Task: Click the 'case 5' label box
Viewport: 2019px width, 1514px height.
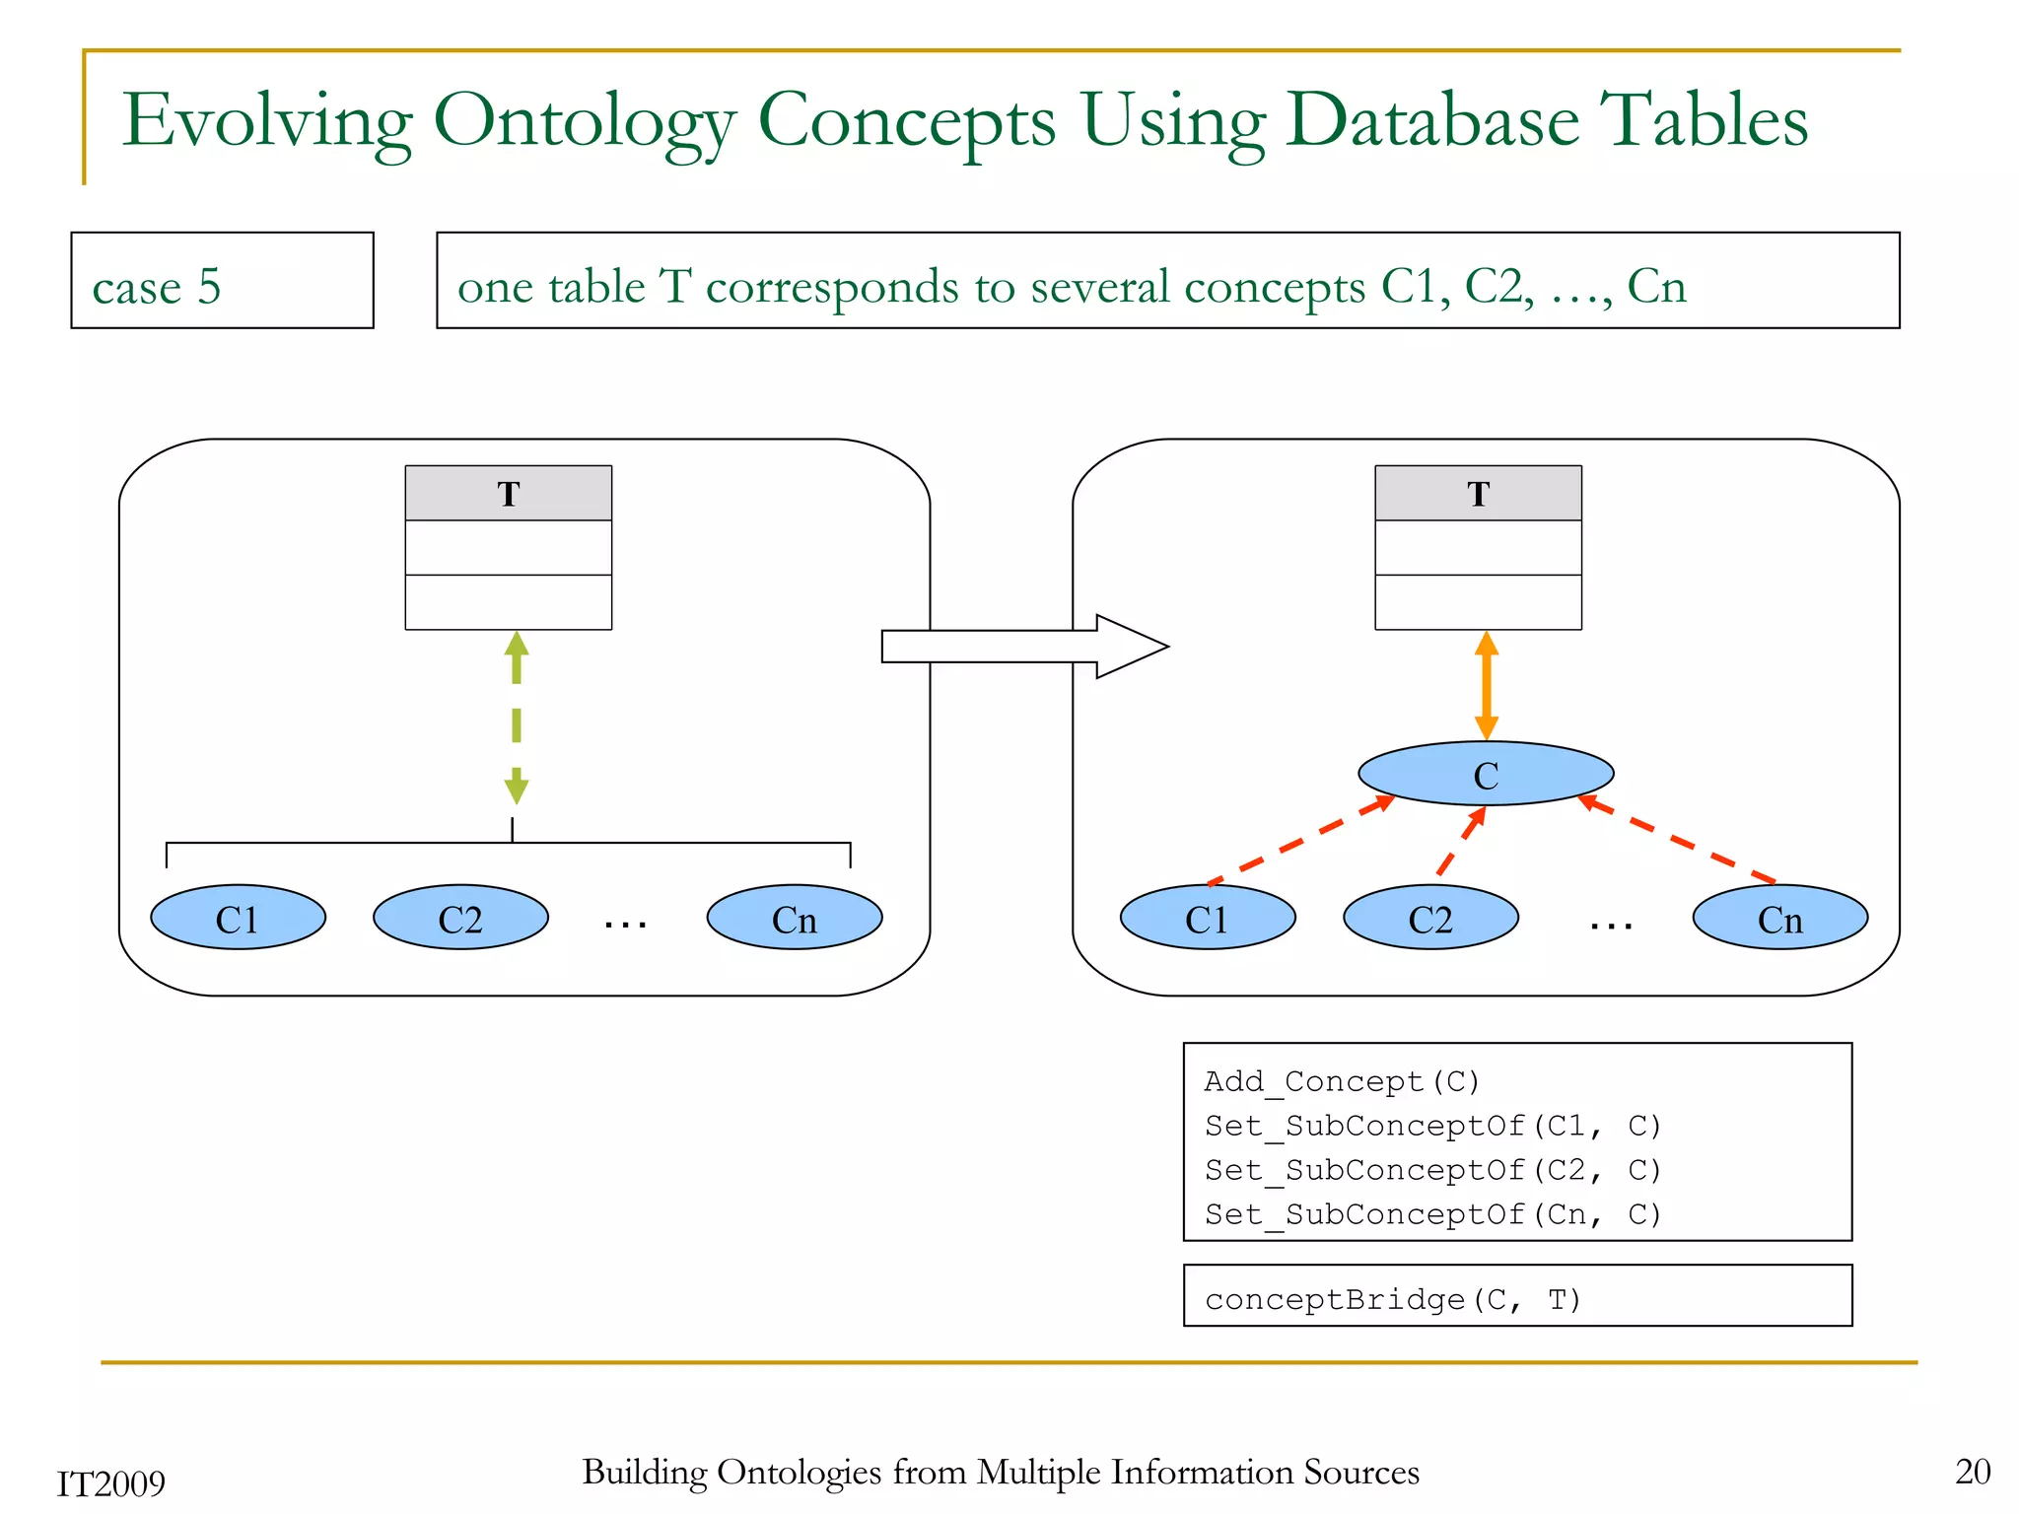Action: (x=222, y=281)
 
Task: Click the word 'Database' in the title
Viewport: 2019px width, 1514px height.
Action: (x=1432, y=121)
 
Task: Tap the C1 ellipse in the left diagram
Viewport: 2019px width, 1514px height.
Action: (x=238, y=918)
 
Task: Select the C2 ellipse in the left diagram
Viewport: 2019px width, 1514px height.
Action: (x=460, y=918)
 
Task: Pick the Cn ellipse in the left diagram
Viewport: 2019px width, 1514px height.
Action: (x=794, y=918)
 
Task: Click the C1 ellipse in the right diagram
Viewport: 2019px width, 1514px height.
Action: (x=1207, y=918)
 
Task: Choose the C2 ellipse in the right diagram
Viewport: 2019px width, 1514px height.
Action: (x=1429, y=918)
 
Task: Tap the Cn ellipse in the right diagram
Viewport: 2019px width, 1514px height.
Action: (x=1779, y=918)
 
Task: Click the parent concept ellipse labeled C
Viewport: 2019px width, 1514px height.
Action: (x=1485, y=774)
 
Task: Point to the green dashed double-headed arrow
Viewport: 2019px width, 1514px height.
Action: (x=517, y=718)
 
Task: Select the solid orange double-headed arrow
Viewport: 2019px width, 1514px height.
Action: (x=1487, y=687)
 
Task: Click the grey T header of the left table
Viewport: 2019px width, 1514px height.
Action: (x=509, y=493)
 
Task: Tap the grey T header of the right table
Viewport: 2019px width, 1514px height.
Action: (x=1478, y=493)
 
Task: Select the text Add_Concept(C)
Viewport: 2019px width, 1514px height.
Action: (x=1341, y=1081)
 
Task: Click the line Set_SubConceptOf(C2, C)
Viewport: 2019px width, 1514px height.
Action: (x=1432, y=1170)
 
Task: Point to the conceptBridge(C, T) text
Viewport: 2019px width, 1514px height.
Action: (x=1392, y=1299)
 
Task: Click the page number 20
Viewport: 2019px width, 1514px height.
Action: (x=1972, y=1471)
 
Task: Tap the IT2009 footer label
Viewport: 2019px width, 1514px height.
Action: (x=110, y=1483)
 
